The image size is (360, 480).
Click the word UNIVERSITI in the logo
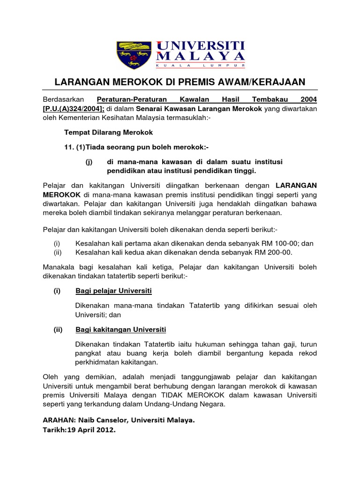tap(201, 45)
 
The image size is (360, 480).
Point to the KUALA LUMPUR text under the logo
tap(201, 66)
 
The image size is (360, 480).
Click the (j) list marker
tap(89, 162)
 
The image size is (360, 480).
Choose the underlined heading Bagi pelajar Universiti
tap(113, 291)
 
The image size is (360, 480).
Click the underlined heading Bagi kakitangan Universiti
tap(120, 330)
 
